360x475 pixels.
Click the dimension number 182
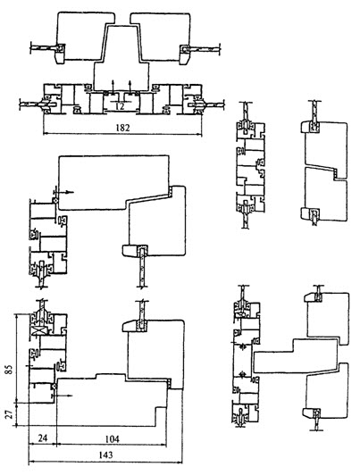(x=122, y=128)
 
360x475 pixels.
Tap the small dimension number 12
(x=120, y=106)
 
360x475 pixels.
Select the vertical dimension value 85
(x=10, y=369)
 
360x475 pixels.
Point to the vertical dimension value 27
(x=10, y=414)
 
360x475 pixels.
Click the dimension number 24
(x=42, y=438)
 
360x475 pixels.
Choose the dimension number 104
(x=112, y=438)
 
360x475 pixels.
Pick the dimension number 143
(x=105, y=455)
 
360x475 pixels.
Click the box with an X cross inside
(x=39, y=330)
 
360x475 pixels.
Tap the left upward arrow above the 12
(x=113, y=86)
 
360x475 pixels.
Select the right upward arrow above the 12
(x=130, y=86)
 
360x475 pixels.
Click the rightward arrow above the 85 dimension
(x=66, y=192)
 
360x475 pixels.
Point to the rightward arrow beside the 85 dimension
(x=64, y=396)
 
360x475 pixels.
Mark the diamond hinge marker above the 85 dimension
(x=55, y=200)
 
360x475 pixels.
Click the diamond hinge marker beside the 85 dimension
(x=54, y=387)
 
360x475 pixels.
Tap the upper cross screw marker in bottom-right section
(x=241, y=346)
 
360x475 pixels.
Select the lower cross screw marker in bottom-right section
(x=241, y=374)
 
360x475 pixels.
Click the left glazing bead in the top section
(x=60, y=54)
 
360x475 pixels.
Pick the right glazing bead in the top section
(x=184, y=54)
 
